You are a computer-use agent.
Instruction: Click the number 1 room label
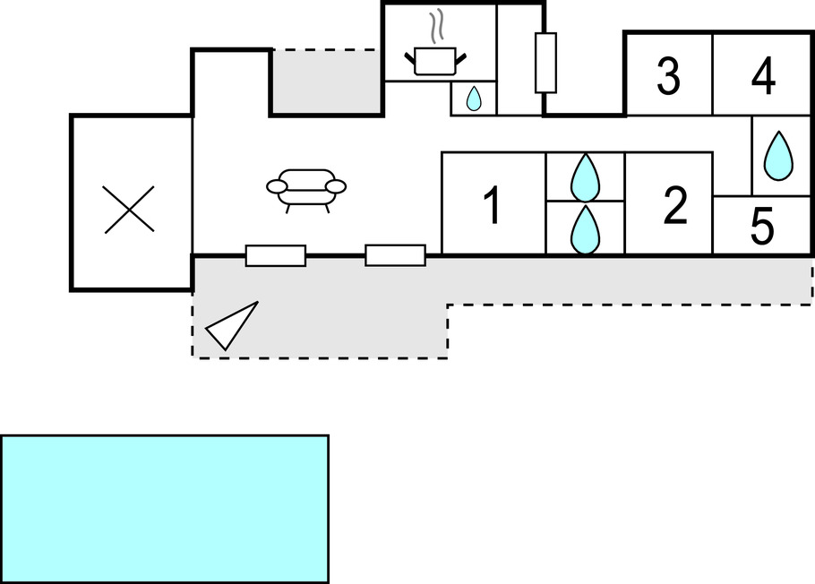click(x=491, y=206)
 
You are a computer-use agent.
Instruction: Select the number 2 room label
click(x=675, y=206)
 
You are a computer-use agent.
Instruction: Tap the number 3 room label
click(x=668, y=77)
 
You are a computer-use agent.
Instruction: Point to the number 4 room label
click(x=763, y=77)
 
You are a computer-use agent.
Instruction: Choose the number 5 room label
click(x=761, y=228)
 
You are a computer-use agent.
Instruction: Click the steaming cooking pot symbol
click(x=435, y=60)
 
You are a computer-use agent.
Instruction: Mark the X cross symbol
click(x=129, y=210)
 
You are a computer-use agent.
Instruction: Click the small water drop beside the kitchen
click(x=474, y=99)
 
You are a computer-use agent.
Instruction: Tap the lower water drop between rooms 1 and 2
click(x=585, y=229)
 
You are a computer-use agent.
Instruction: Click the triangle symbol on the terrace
click(x=231, y=326)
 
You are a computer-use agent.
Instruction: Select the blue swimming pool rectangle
click(x=165, y=509)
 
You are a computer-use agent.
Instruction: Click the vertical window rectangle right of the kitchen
click(x=545, y=63)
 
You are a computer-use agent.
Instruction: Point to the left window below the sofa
click(x=276, y=255)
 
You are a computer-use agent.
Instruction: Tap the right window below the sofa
click(x=395, y=255)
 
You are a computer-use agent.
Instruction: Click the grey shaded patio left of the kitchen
click(x=326, y=82)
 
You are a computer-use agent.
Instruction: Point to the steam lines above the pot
click(x=436, y=26)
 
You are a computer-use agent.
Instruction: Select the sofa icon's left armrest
click(x=278, y=186)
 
